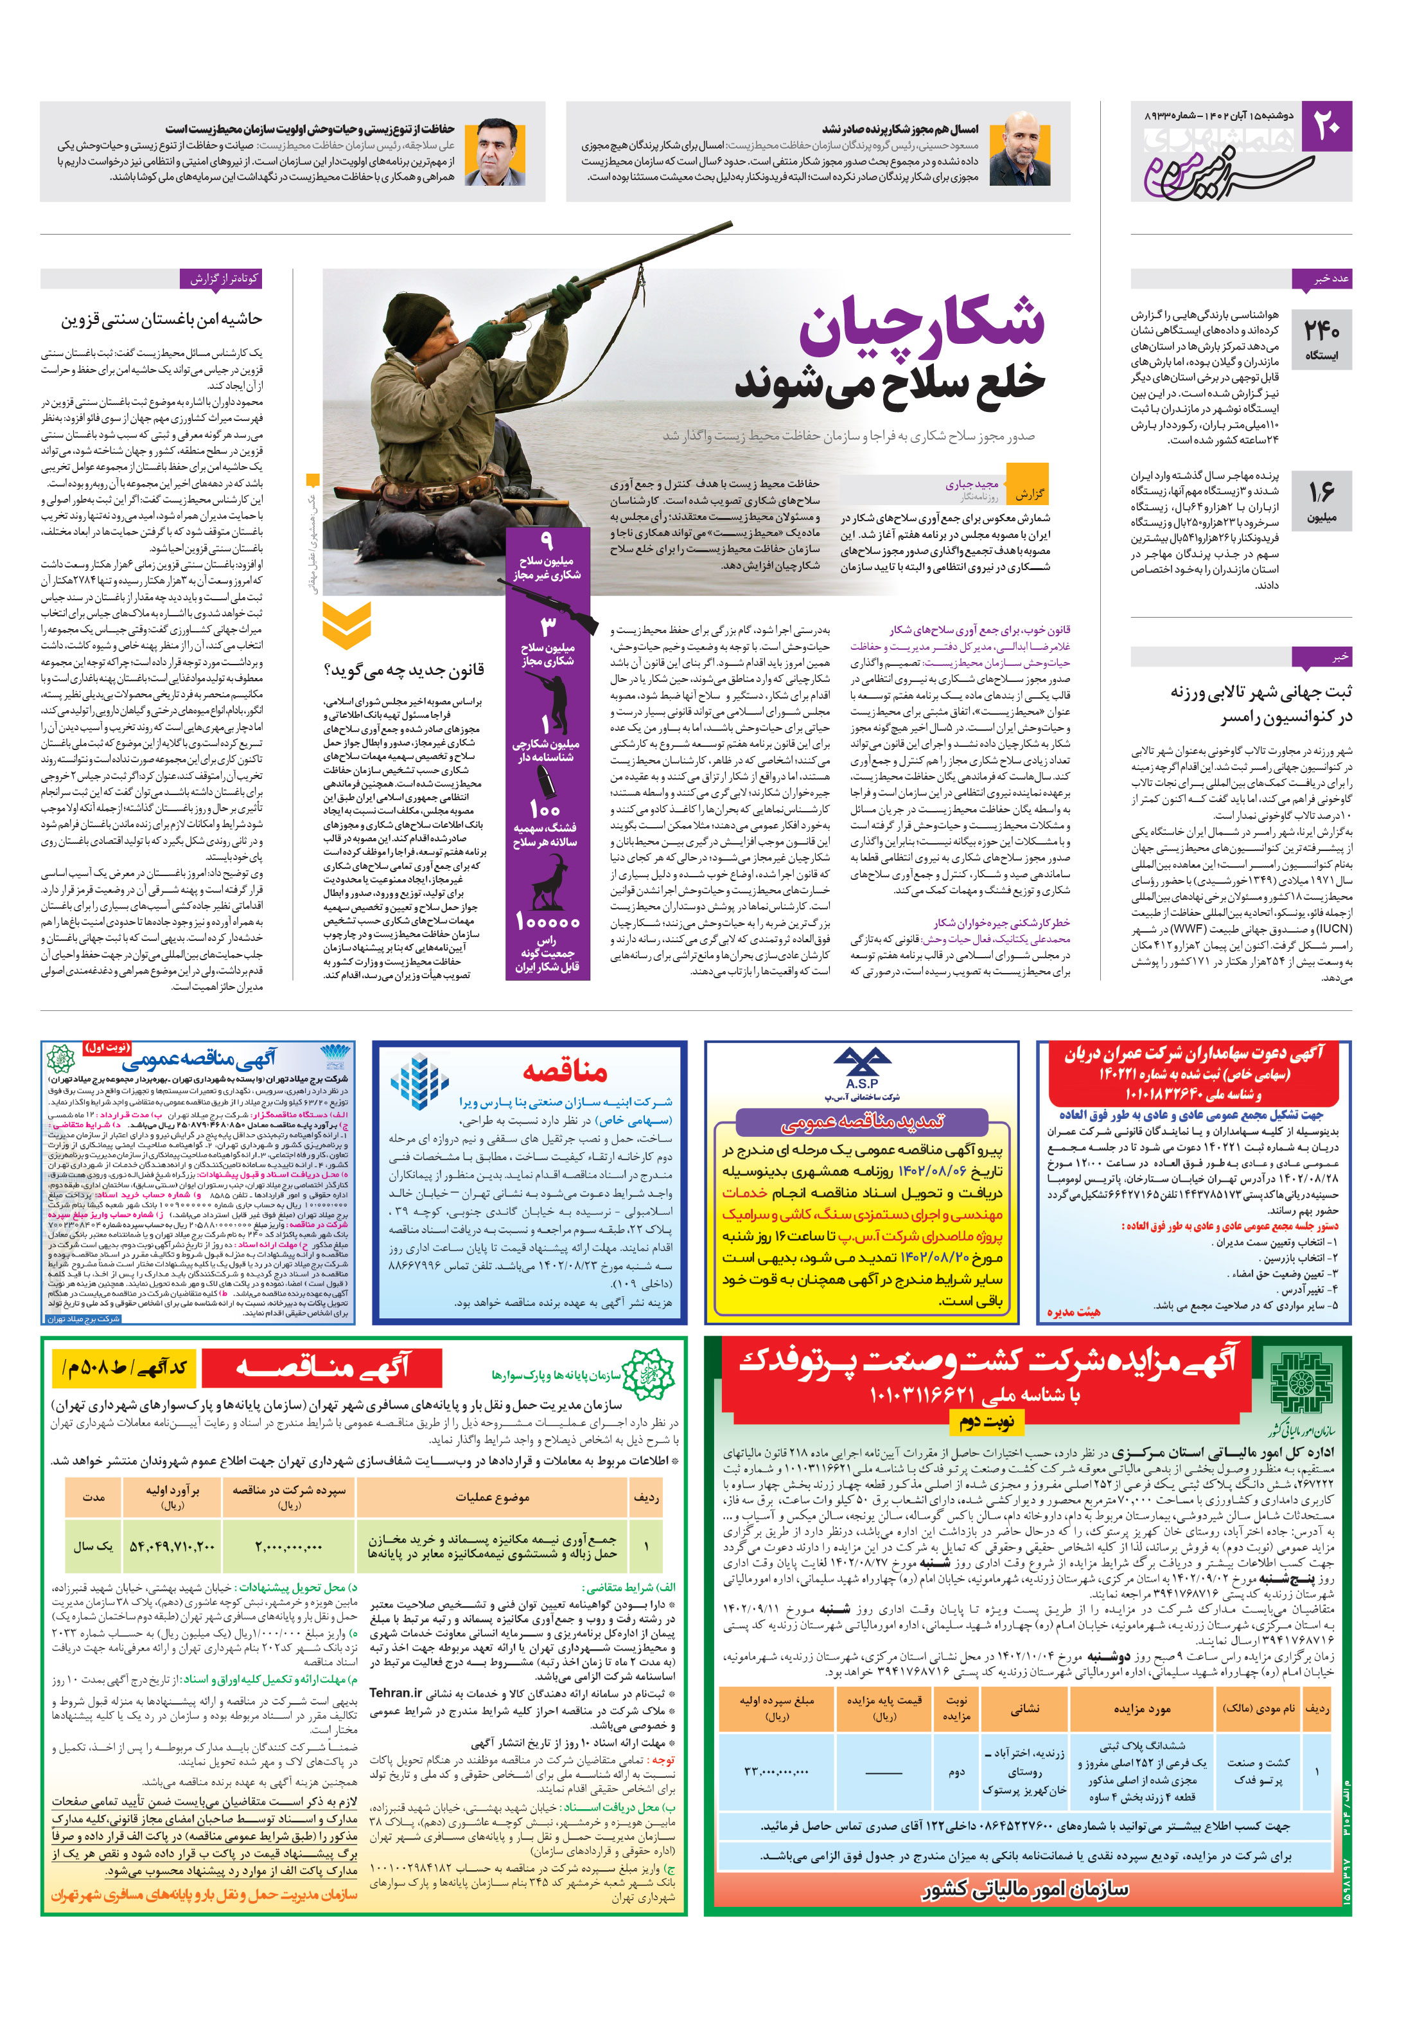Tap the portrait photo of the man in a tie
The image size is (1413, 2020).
[496, 151]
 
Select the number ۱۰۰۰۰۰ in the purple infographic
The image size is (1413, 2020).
[547, 921]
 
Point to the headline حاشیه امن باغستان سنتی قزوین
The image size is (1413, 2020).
[162, 319]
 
